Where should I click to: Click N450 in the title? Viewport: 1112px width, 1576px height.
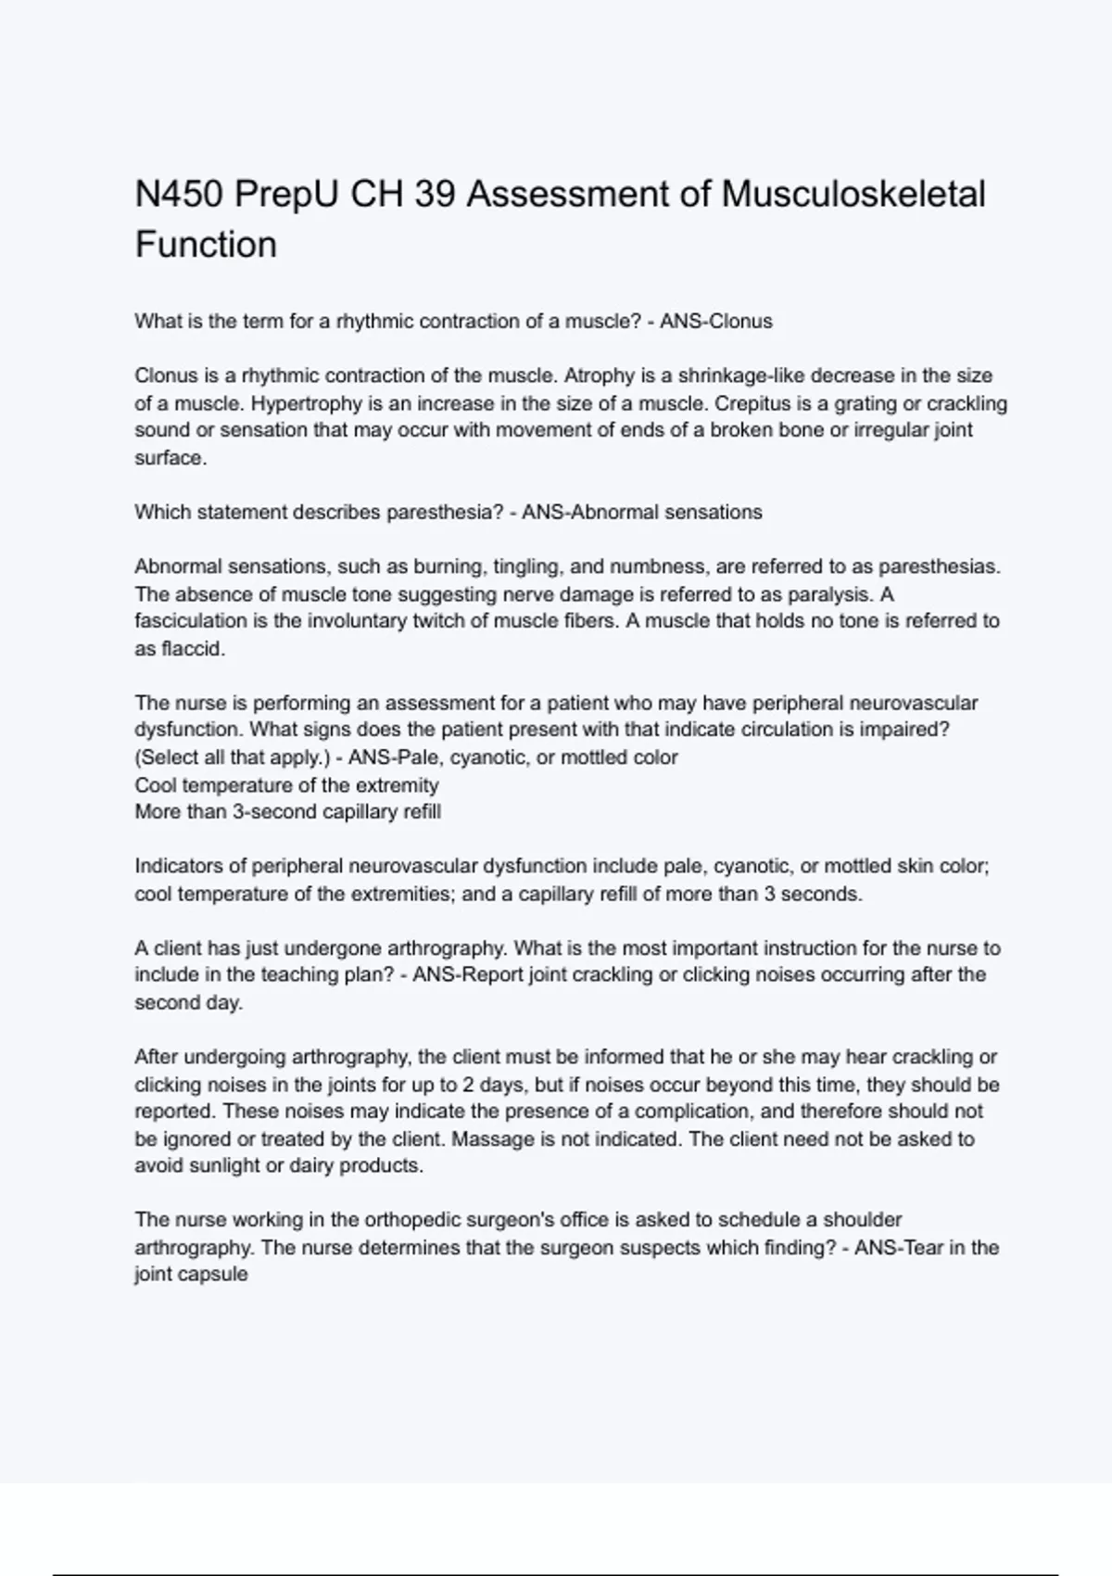tap(179, 195)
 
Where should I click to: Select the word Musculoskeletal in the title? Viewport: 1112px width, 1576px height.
tap(853, 195)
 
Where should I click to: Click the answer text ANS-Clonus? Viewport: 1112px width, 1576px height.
tap(715, 322)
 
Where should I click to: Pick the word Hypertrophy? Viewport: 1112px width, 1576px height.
tap(306, 403)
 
